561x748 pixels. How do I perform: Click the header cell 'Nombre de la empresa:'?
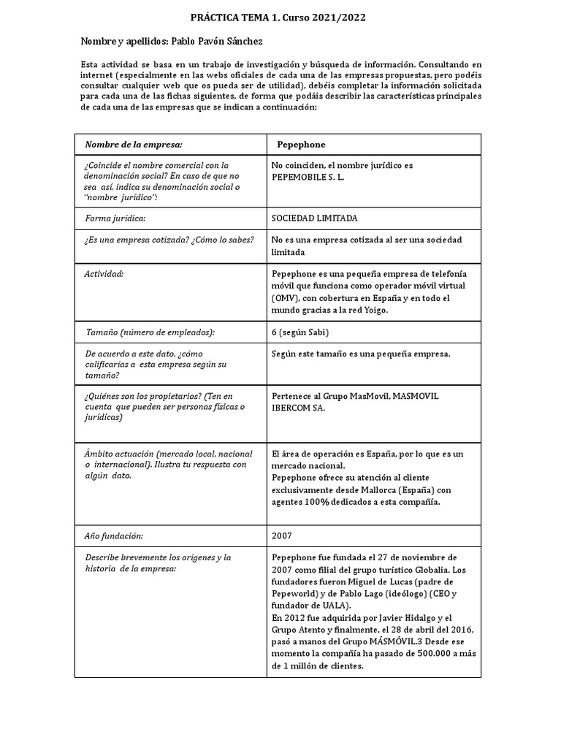pos(134,145)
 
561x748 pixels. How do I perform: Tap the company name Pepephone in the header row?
pos(301,145)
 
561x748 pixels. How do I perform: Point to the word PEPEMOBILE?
pos(299,178)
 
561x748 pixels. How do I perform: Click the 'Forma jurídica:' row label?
pos(115,218)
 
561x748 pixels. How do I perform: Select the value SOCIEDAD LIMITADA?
pos(314,218)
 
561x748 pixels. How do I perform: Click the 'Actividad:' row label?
pos(104,274)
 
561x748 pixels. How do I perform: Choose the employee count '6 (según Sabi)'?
pos(299,332)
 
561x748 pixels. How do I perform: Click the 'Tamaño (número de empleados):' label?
pos(150,332)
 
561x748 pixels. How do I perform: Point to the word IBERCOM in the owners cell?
pos(293,408)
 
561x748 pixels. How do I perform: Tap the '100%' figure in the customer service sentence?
pos(318,503)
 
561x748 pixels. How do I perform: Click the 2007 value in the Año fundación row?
pos(281,535)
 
